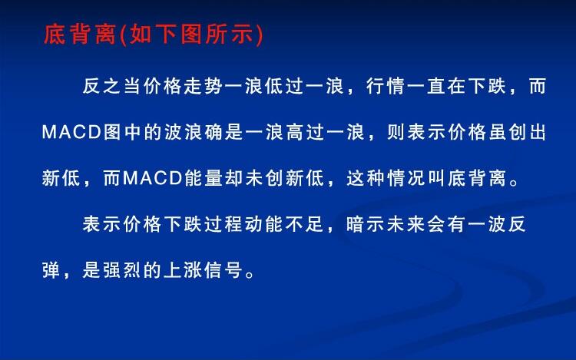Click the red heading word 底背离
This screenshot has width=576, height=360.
point(80,35)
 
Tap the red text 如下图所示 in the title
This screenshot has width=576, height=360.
point(192,35)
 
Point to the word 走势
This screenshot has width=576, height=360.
point(204,87)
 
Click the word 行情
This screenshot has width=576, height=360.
point(386,87)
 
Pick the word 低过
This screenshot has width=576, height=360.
point(284,87)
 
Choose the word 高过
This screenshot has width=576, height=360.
point(305,132)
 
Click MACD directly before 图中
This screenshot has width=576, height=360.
point(71,132)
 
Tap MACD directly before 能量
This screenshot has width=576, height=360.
point(153,178)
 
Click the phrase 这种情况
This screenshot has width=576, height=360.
point(386,178)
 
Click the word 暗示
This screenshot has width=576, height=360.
point(366,224)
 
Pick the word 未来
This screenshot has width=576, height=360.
point(406,224)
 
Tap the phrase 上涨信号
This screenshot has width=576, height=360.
point(204,270)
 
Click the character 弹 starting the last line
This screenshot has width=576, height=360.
point(51,270)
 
